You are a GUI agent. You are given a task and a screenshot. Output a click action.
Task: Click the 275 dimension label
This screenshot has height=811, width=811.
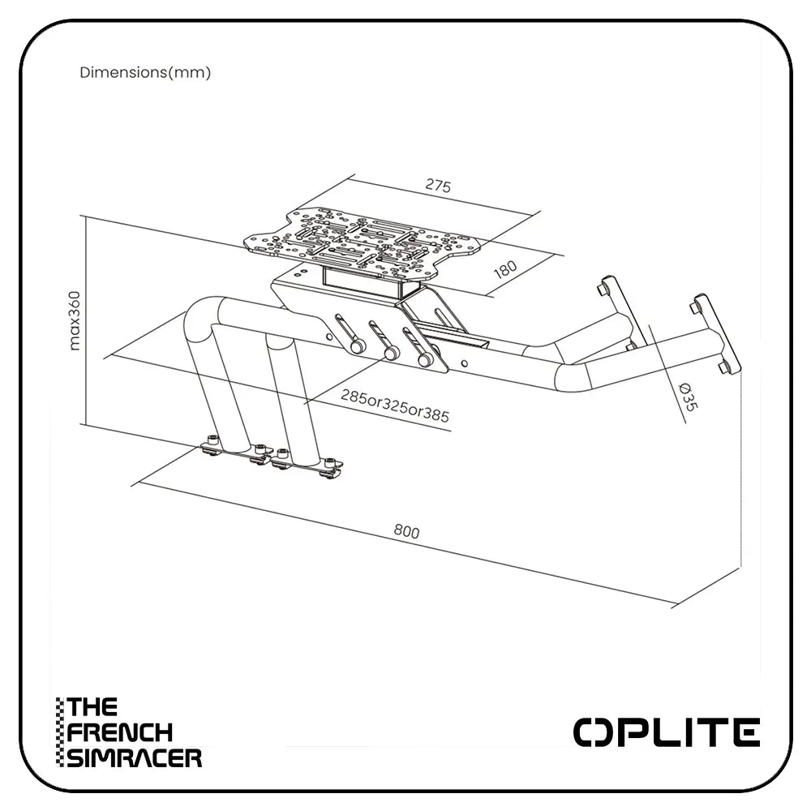click(x=438, y=186)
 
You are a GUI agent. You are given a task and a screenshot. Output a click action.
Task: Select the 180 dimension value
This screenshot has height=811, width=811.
click(x=504, y=268)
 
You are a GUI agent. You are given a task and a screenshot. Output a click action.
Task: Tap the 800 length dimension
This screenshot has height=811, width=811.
click(x=406, y=532)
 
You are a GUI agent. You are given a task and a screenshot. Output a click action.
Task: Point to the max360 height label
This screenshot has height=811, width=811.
click(x=75, y=320)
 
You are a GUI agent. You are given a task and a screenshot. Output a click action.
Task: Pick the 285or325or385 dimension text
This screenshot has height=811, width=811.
click(x=395, y=405)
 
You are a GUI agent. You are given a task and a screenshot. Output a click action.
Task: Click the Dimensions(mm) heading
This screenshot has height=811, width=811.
click(x=145, y=72)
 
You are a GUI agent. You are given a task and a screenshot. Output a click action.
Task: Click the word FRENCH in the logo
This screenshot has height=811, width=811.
click(x=120, y=732)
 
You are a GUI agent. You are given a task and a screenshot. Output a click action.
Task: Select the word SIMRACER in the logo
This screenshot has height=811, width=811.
click(x=134, y=758)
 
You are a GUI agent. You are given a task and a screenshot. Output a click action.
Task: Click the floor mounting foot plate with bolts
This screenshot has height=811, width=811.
click(x=272, y=460)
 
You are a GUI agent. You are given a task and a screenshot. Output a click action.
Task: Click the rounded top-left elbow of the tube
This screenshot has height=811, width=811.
click(x=203, y=316)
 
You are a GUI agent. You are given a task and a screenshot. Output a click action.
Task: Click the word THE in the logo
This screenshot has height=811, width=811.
click(x=92, y=707)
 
